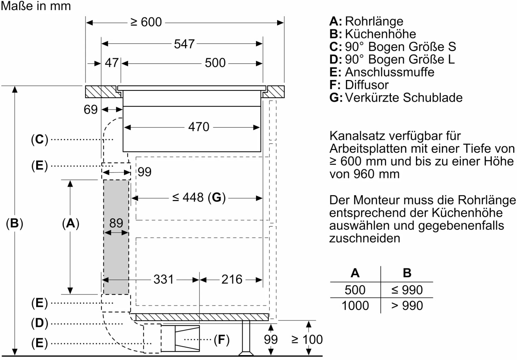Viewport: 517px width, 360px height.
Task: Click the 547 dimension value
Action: point(184,44)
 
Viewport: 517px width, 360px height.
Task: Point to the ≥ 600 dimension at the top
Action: point(146,22)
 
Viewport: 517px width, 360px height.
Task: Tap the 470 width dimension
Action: point(199,127)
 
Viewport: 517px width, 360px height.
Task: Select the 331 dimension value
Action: point(163,279)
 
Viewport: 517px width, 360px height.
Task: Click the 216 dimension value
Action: point(232,279)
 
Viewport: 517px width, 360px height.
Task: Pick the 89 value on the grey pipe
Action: point(116,223)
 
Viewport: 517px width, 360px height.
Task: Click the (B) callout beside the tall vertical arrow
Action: point(14,223)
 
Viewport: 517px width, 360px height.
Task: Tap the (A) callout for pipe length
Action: point(71,223)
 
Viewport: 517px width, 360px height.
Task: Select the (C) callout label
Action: point(39,139)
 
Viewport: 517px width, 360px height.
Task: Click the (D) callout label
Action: point(39,323)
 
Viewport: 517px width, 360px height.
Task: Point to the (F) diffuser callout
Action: point(221,340)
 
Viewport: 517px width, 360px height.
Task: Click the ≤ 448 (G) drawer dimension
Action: point(199,198)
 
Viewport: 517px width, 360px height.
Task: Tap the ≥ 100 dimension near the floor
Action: point(307,340)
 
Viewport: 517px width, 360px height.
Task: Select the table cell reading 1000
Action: point(355,306)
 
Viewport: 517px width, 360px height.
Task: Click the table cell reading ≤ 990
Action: point(407,290)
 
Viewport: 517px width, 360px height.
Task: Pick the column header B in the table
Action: point(407,273)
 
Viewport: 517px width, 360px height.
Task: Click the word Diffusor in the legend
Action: point(367,85)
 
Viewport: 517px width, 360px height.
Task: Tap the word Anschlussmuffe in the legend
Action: point(389,72)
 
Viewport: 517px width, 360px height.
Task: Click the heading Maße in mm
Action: point(36,6)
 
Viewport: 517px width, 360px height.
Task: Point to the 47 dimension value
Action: point(112,63)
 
